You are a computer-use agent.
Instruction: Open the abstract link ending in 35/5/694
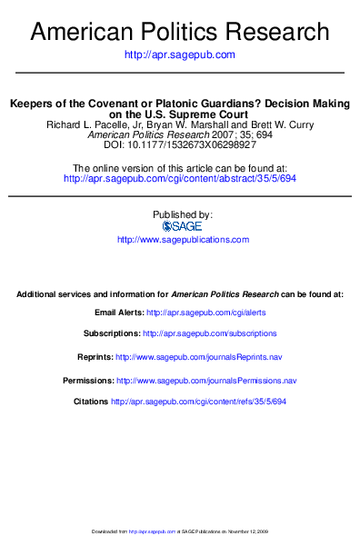coord(179,179)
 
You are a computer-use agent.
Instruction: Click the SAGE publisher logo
coord(179,226)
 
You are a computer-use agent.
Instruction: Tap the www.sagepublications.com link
coord(183,239)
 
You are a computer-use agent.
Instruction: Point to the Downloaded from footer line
coord(179,531)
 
